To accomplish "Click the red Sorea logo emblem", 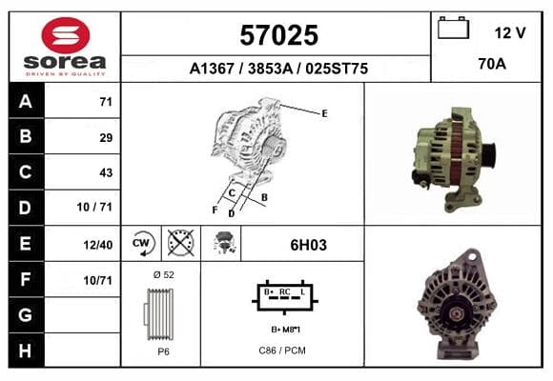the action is click(x=66, y=35).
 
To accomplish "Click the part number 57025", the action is click(x=279, y=35).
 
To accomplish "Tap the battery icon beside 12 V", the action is click(x=453, y=28).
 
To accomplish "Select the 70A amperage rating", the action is click(x=492, y=64).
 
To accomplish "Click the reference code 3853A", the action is click(x=271, y=69).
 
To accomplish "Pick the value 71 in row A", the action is click(x=106, y=102).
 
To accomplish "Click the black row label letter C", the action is click(x=26, y=172).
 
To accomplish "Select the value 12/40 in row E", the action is click(x=98, y=245).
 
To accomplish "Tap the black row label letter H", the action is click(x=26, y=351).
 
